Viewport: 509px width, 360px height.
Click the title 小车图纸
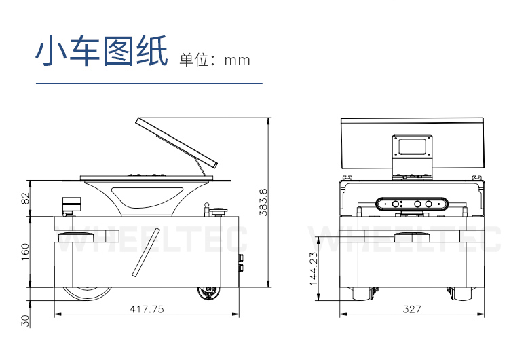coord(101,52)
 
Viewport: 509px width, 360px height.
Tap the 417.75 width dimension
coord(147,309)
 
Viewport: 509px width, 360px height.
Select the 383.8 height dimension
coord(263,202)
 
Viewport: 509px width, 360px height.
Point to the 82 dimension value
coord(26,198)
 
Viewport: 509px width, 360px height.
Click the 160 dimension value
coord(26,251)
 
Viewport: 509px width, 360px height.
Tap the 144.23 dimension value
coord(313,269)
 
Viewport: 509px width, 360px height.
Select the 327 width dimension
coord(412,309)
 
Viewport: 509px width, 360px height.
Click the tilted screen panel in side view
coord(176,142)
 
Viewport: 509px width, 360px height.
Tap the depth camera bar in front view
coord(413,204)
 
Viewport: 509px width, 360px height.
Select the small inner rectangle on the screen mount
coord(413,147)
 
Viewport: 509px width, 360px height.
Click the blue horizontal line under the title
coord(149,83)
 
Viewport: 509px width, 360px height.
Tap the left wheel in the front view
coord(360,293)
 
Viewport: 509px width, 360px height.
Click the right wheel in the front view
coord(461,293)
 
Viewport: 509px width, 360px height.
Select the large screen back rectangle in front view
coord(413,143)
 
